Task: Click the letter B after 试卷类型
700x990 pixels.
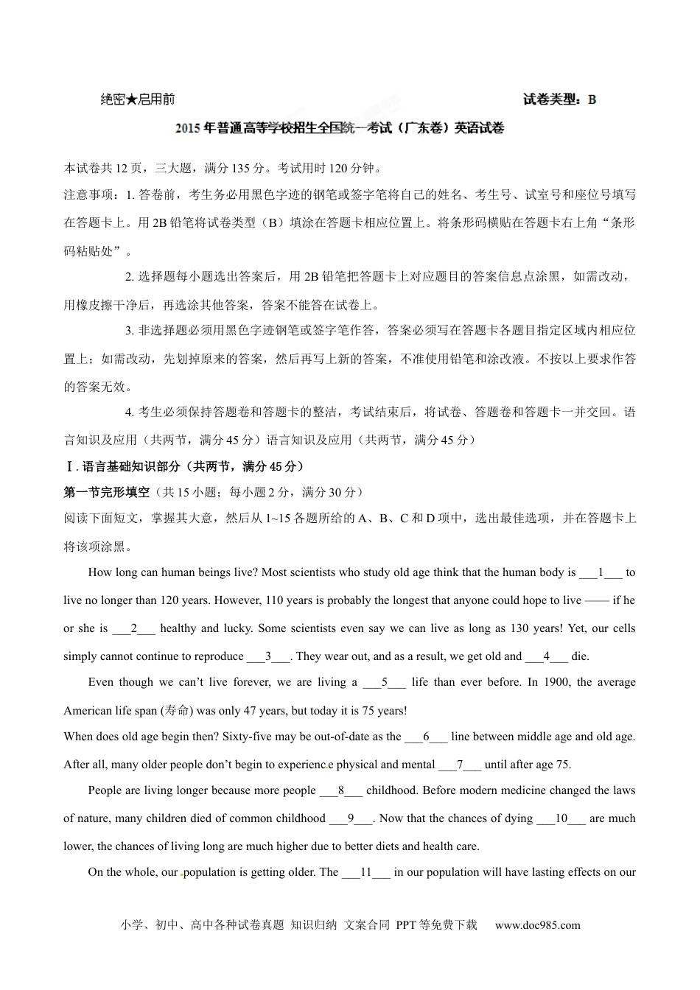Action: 592,99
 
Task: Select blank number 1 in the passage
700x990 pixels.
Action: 601,572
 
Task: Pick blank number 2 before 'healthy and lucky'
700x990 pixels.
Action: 134,628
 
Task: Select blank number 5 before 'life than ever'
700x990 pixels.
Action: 385,682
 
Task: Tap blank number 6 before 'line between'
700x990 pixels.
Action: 426,737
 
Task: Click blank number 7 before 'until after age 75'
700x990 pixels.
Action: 460,765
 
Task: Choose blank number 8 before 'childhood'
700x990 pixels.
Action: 341,790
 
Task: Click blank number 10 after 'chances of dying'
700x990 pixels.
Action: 561,818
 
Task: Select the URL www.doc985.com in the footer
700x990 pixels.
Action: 537,925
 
